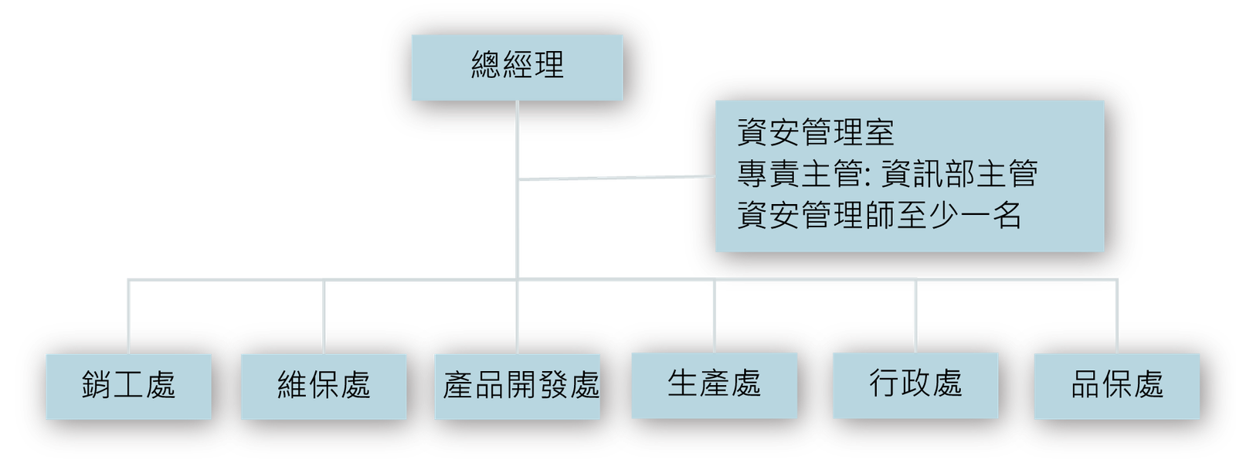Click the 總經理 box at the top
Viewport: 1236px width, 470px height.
click(517, 67)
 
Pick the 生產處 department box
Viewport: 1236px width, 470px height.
click(714, 384)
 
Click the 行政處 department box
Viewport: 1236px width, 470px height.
click(915, 384)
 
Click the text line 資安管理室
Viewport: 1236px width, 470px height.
click(816, 133)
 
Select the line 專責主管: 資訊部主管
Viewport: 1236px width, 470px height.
click(887, 175)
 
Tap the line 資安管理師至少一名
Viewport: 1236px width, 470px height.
click(880, 216)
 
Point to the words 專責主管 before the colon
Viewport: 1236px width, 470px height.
click(798, 175)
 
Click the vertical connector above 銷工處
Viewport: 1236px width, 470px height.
click(129, 317)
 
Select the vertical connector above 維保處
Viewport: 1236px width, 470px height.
click(324, 317)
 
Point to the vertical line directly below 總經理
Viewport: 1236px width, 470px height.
click(517, 139)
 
